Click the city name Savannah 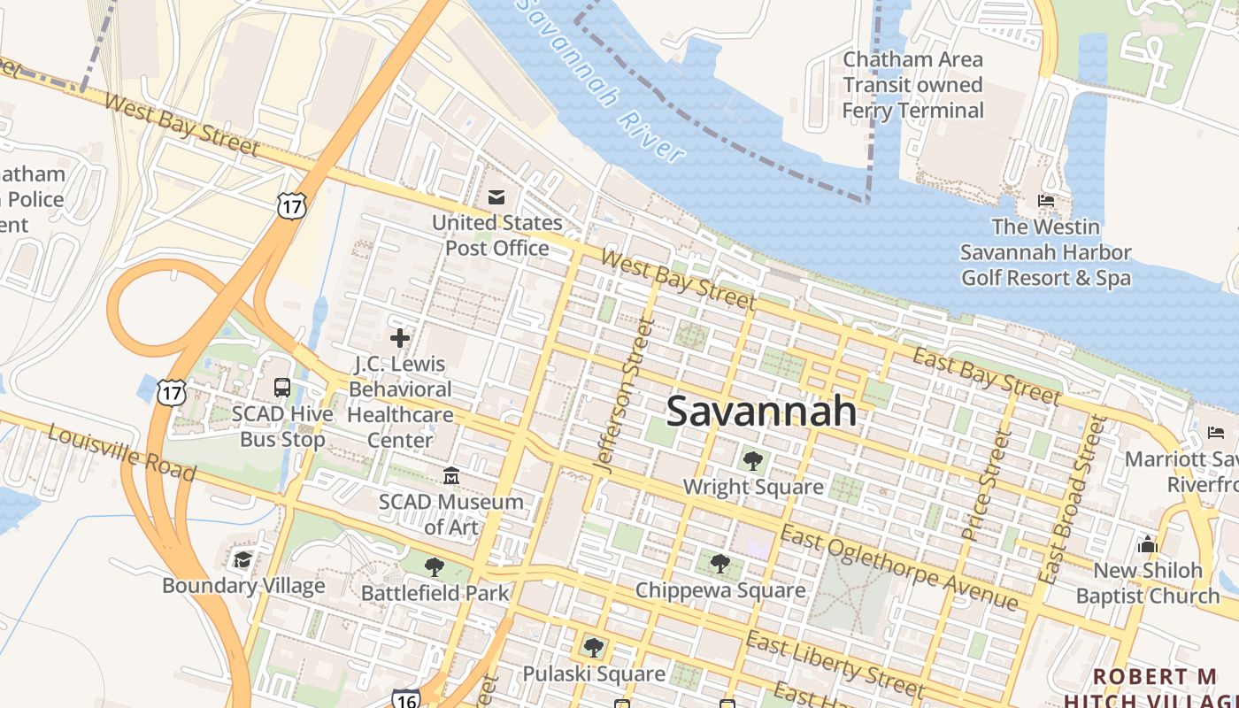[x=761, y=412]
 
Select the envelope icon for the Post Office [x=496, y=196]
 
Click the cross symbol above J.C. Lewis [x=400, y=337]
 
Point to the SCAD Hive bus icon [x=282, y=388]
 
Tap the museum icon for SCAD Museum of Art [x=451, y=476]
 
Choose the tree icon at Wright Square [x=753, y=460]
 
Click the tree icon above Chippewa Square [x=720, y=564]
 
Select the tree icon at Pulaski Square [x=594, y=648]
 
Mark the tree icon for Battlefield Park [x=434, y=566]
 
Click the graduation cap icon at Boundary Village [x=242, y=559]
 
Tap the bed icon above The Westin [x=1045, y=201]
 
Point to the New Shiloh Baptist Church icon [x=1148, y=543]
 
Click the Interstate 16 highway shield [x=405, y=698]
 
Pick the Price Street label [x=986, y=484]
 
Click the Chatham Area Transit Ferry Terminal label [x=912, y=85]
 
